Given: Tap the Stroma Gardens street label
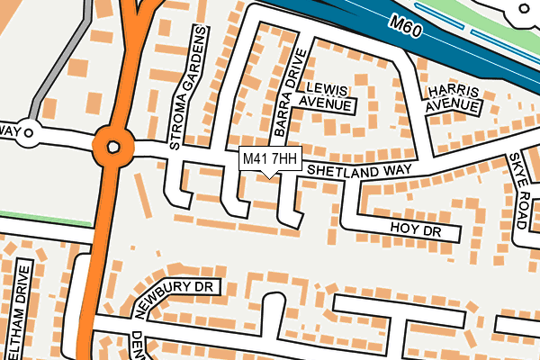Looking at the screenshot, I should click(190, 86).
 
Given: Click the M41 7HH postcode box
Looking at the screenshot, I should click(269, 159).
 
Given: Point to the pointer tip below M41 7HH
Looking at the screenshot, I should click(270, 176).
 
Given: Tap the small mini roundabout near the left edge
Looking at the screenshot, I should click(28, 135).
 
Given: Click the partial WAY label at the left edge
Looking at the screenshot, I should click(9, 131).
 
